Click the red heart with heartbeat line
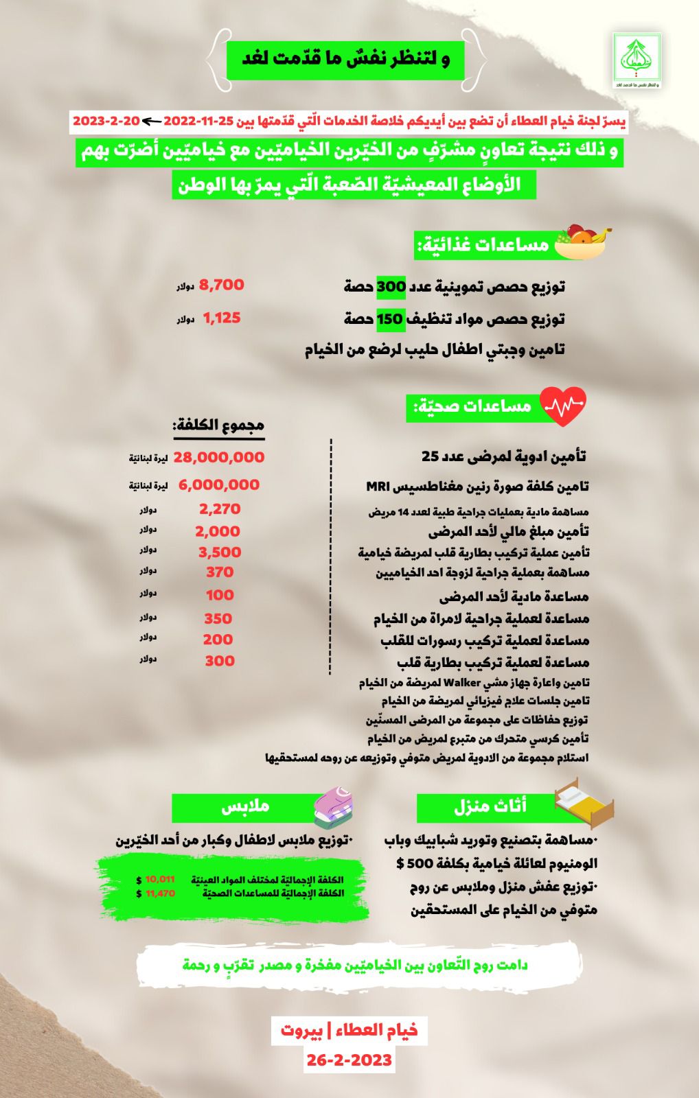(564, 406)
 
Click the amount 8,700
(221, 285)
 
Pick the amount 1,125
(221, 318)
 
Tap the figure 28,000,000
(218, 457)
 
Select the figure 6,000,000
(218, 484)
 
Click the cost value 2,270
(220, 509)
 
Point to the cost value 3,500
(220, 552)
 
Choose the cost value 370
(220, 572)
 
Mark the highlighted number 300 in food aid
(391, 286)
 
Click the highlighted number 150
(389, 319)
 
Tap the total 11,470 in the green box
(160, 893)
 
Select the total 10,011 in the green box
(160, 879)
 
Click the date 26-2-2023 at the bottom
(349, 1060)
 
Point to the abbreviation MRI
(378, 487)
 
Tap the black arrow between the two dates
(151, 121)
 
